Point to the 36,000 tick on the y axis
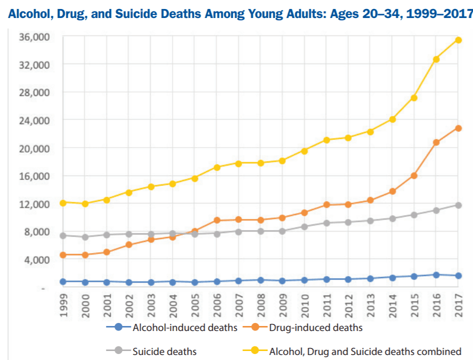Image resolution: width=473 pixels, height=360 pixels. (x=32, y=37)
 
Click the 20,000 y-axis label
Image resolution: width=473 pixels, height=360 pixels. (x=32, y=148)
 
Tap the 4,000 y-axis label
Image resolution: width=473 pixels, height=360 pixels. (x=34, y=260)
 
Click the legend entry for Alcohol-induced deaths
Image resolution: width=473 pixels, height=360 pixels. (x=172, y=328)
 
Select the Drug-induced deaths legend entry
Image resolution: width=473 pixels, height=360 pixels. (x=303, y=328)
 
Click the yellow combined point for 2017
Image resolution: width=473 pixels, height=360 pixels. (x=458, y=40)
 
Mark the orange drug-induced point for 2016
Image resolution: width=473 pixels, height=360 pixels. (x=436, y=142)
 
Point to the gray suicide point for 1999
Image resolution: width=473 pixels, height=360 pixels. (x=63, y=235)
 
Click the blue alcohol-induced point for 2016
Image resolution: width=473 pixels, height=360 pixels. (x=436, y=275)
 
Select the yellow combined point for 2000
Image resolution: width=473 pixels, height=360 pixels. (x=85, y=204)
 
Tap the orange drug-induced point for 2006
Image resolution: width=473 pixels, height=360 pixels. (x=216, y=220)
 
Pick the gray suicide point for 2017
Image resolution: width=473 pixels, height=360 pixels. (x=458, y=205)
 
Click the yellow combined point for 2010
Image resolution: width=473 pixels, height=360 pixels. (x=304, y=150)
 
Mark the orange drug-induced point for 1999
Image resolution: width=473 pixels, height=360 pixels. (x=63, y=255)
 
